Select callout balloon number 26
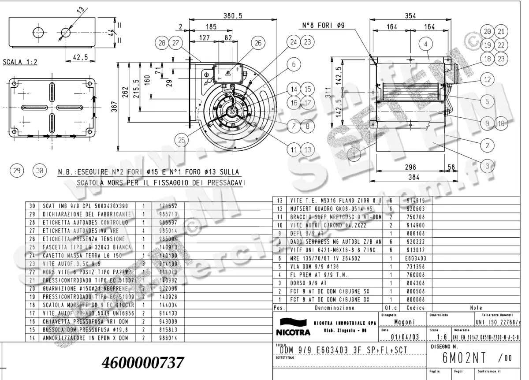pos(257,43)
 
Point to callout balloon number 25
pos(181,140)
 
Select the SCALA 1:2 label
pos(20,62)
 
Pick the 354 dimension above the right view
pos(411,15)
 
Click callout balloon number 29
pos(18,171)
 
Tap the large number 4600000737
pos(142,363)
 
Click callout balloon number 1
pos(353,154)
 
